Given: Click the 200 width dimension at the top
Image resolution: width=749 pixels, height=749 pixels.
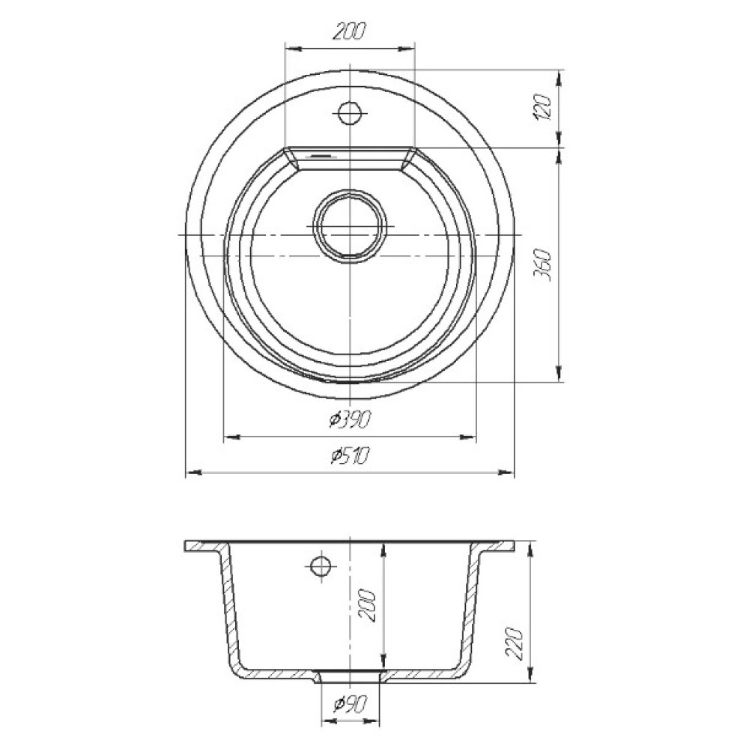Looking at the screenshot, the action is click(x=349, y=31).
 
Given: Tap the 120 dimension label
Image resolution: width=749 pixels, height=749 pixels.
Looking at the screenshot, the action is click(x=544, y=108).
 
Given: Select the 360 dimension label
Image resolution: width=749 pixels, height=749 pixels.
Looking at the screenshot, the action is click(x=544, y=264).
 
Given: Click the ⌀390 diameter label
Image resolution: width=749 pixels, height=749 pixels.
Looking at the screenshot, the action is click(x=350, y=419).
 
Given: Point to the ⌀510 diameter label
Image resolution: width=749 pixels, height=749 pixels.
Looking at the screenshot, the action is click(x=350, y=456).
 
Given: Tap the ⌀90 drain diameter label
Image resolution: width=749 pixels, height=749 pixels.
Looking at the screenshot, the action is click(x=350, y=703).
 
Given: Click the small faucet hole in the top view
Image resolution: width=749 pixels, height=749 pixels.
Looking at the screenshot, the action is click(x=350, y=113).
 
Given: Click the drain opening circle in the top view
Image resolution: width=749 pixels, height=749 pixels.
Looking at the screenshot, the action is click(x=350, y=226).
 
